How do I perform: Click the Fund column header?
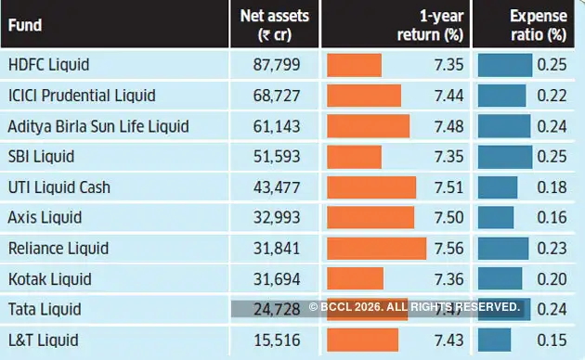[26, 26]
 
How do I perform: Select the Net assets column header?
[274, 25]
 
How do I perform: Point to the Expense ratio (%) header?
[538, 25]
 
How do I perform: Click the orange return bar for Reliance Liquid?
[376, 249]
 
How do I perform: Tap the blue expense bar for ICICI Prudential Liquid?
[502, 96]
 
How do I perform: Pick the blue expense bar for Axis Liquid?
[496, 218]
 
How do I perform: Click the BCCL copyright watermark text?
[414, 306]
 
